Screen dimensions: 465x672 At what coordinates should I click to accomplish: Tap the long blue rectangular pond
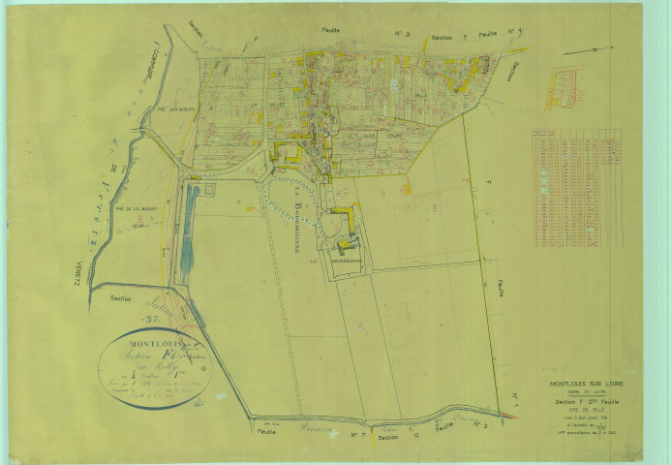[187, 232]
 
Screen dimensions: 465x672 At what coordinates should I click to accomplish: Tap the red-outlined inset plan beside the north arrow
[562, 88]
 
